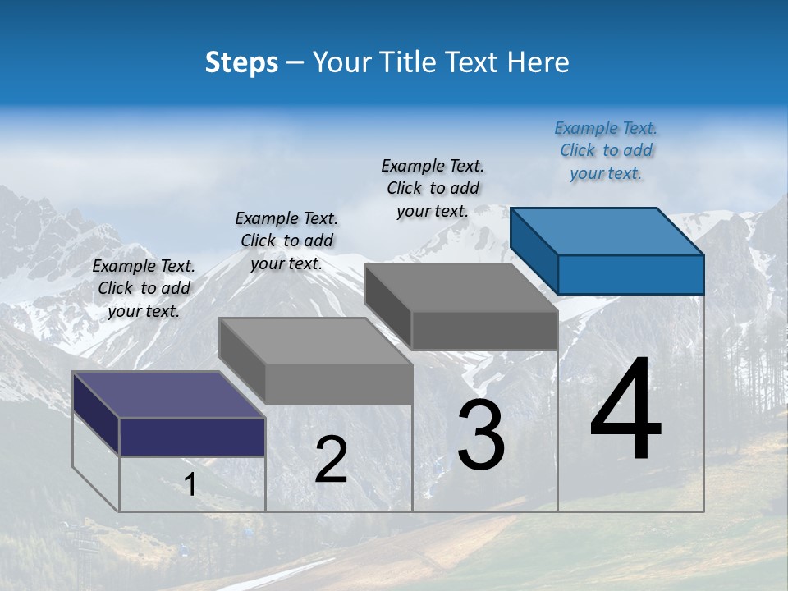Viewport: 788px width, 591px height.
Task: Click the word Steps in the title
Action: click(x=241, y=62)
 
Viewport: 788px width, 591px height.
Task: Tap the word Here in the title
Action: click(x=538, y=62)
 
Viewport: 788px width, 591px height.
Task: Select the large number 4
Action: click(x=625, y=410)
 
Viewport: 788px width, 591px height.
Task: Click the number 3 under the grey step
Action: click(x=480, y=435)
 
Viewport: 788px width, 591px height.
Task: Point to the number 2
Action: click(x=331, y=460)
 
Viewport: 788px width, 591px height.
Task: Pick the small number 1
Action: click(x=190, y=484)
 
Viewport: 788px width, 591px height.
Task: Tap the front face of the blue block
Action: click(x=630, y=274)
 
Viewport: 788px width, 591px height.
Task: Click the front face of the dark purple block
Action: click(x=192, y=437)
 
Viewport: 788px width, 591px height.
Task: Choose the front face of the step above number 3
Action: click(x=484, y=331)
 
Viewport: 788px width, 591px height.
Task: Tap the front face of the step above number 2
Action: click(x=338, y=384)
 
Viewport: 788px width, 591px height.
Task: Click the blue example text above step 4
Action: click(x=606, y=150)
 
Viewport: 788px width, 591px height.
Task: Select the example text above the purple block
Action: click(x=144, y=288)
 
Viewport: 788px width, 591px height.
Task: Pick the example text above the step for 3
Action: click(x=433, y=188)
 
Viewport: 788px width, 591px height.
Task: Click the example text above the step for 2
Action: click(x=286, y=241)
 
